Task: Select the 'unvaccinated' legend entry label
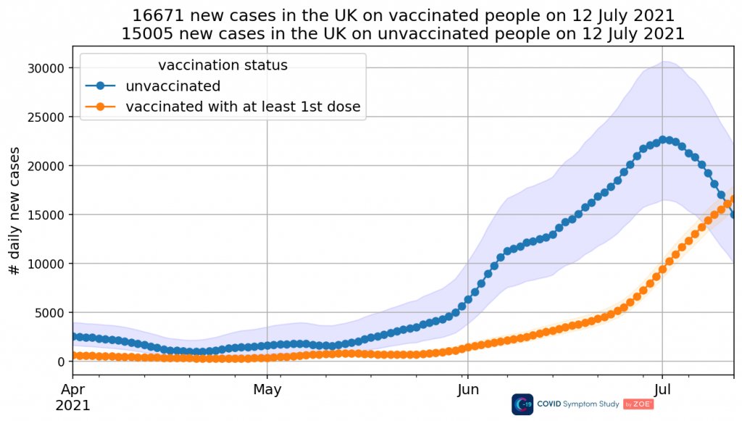click(x=172, y=86)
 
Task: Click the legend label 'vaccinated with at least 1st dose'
click(x=243, y=107)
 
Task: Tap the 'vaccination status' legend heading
click(x=222, y=65)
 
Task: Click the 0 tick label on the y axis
click(x=61, y=362)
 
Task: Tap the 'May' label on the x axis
click(x=267, y=390)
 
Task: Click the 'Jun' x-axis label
click(x=467, y=390)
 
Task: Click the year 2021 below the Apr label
click(x=72, y=405)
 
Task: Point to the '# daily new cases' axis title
click(x=14, y=209)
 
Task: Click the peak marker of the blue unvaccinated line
click(x=662, y=139)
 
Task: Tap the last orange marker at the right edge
click(x=734, y=199)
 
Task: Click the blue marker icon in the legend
click(x=101, y=86)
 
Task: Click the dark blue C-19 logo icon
click(x=522, y=404)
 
